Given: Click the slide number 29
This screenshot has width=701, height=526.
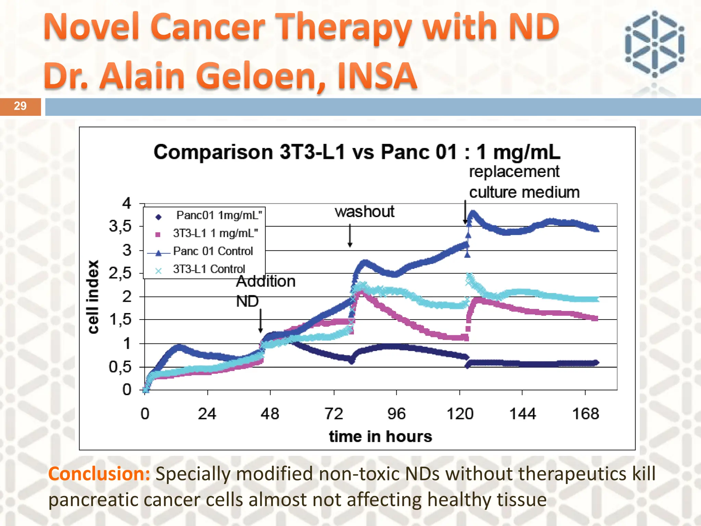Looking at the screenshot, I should pos(20,106).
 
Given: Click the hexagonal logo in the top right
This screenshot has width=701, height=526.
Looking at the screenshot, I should pos(654,44).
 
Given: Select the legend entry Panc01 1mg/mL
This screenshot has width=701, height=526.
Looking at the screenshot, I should pos(218,215).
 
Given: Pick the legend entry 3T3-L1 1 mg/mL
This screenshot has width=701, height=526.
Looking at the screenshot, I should pos(215,234).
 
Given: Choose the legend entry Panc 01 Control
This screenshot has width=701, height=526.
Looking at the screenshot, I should pos(213,251).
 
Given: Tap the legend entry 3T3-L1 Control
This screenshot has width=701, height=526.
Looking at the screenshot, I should pos(209,269).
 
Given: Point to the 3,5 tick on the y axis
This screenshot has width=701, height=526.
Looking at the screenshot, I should pos(120,226).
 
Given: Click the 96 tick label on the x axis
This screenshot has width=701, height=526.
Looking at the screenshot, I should pos(396,414).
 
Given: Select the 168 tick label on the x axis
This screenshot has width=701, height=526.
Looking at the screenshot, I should pos(585,414).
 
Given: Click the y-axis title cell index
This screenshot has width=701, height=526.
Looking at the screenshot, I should pos(93,297).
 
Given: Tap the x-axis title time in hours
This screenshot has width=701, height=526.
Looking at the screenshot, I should pos(380,437).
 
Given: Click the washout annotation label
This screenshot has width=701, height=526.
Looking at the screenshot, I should pos(364,212).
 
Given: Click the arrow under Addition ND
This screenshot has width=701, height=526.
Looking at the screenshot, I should pos(260,321).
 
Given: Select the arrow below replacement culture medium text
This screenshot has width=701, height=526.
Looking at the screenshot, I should pos(465,212).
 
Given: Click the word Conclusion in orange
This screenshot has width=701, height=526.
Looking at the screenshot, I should pos(99,474).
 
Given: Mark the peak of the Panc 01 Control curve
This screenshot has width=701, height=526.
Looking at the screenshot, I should pos(473,213).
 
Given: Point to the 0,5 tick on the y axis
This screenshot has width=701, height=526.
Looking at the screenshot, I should pos(120,367).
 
